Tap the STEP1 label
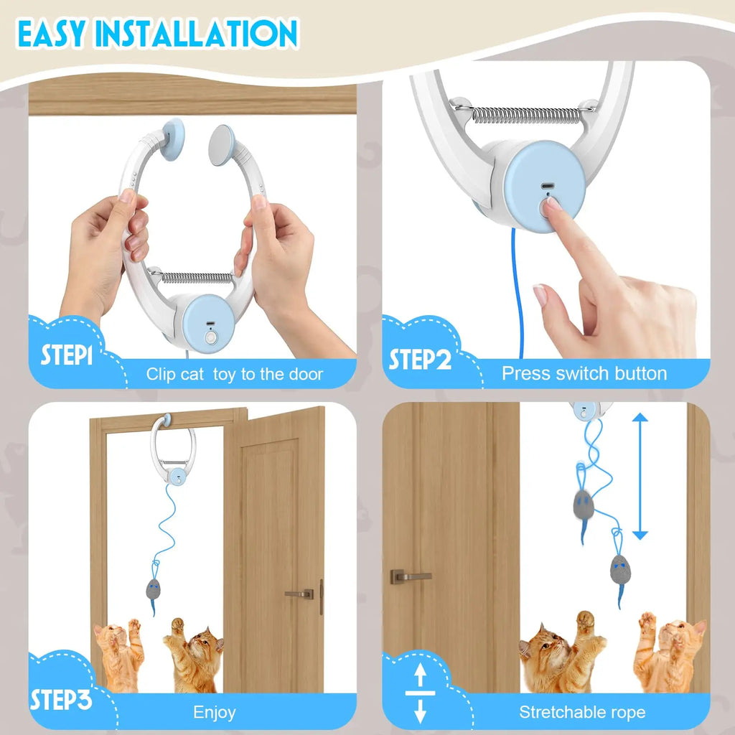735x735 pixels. point(66,356)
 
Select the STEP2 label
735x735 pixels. point(420,358)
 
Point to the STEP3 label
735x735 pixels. point(61,700)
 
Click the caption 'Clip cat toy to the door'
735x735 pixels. point(235,374)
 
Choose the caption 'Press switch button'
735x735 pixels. point(584,373)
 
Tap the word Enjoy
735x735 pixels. point(214,712)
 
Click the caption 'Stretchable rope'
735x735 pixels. point(582,712)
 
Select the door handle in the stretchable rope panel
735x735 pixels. point(410,576)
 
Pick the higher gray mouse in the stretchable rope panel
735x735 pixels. point(583,505)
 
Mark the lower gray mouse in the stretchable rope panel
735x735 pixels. point(618,571)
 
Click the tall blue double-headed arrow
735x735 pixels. point(640,477)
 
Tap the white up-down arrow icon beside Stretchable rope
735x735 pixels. point(421,693)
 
